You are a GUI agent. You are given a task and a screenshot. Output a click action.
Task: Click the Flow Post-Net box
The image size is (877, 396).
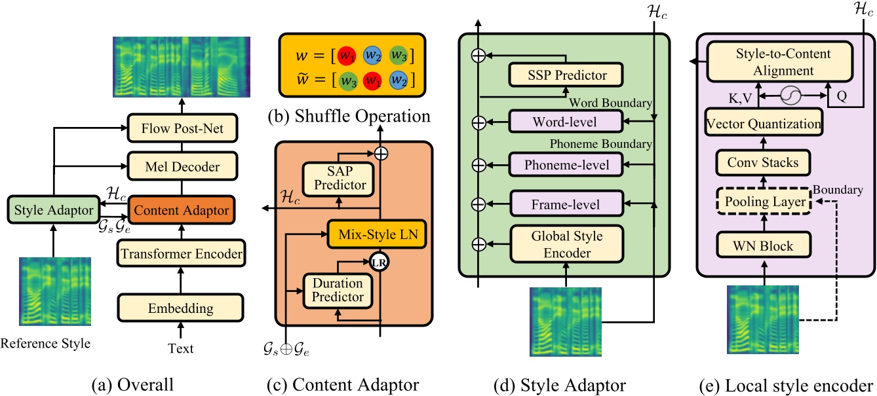pyautogui.click(x=180, y=129)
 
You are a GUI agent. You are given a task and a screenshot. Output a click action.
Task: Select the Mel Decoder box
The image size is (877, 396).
pyautogui.click(x=180, y=166)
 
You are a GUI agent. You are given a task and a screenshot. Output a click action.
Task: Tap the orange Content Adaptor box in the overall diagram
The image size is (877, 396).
pyautogui.click(x=180, y=211)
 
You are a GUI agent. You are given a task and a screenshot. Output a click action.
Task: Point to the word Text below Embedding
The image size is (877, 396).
pyautogui.click(x=180, y=348)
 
